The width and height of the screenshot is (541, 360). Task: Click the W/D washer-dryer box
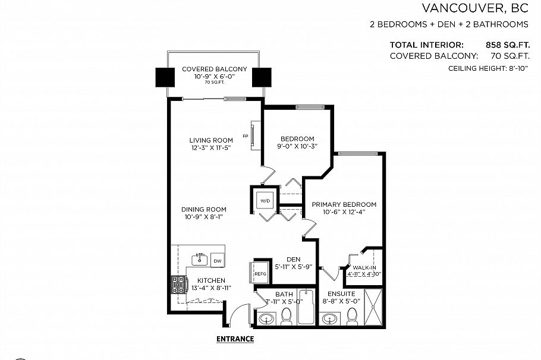coord(265,201)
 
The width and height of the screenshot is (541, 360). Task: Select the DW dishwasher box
coord(218,261)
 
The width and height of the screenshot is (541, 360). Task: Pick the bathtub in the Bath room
coord(306,307)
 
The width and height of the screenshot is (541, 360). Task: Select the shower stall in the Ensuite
coord(374,307)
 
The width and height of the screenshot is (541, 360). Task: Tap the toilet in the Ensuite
coord(352,317)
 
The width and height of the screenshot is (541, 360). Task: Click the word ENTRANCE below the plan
coord(235,339)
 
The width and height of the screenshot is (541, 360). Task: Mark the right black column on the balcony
coord(261,77)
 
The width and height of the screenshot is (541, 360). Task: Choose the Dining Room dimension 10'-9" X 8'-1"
coord(205,217)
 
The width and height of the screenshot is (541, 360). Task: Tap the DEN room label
coord(292,260)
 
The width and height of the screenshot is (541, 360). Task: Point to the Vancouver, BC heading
coord(475,8)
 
